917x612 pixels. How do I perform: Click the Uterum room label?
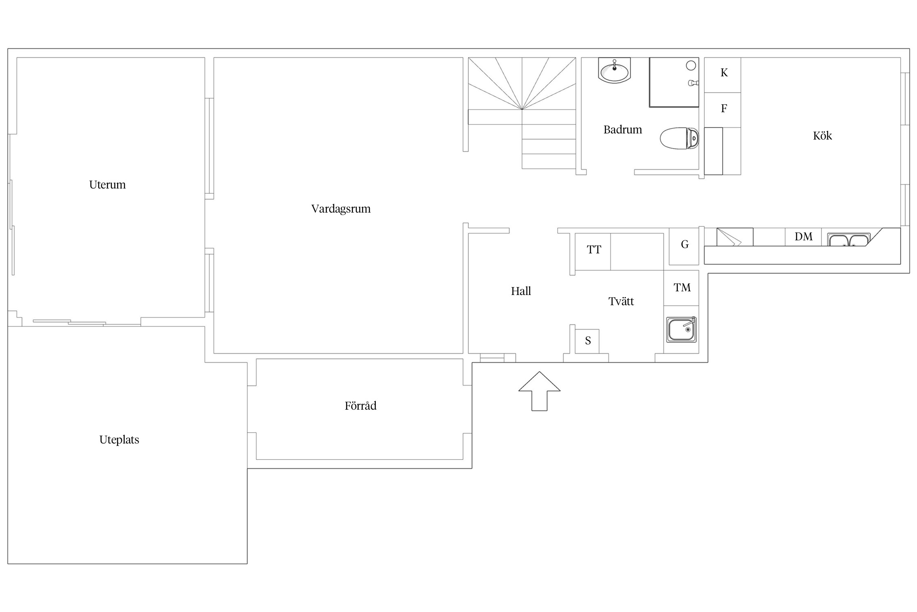click(107, 185)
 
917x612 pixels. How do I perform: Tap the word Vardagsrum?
click(341, 209)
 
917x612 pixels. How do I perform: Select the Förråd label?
click(360, 406)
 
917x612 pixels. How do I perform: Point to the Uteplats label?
click(119, 440)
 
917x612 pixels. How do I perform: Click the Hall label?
click(521, 291)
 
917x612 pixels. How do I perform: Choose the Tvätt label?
click(621, 301)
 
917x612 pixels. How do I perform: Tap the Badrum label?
click(622, 130)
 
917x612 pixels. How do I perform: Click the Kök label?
click(822, 135)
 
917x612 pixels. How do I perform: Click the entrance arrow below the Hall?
click(539, 391)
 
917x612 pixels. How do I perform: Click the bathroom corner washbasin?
click(614, 71)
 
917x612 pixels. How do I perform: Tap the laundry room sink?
click(681, 329)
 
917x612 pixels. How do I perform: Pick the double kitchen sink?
click(849, 239)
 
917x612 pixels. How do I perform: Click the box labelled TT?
click(593, 251)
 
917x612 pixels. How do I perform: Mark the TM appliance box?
click(681, 288)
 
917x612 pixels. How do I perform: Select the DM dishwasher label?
click(803, 237)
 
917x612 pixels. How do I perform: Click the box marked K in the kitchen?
click(723, 75)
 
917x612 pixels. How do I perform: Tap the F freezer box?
click(723, 110)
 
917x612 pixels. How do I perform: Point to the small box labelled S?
click(587, 341)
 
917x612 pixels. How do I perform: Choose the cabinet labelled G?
click(684, 246)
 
